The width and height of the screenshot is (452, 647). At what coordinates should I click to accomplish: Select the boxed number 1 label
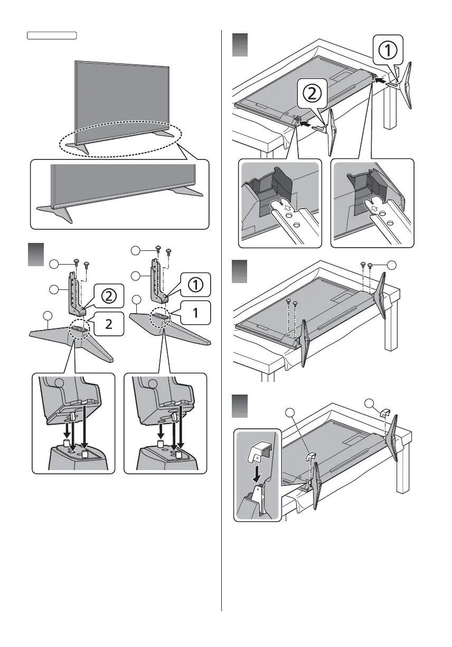(195, 312)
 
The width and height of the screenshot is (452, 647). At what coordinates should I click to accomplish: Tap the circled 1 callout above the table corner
(388, 51)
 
